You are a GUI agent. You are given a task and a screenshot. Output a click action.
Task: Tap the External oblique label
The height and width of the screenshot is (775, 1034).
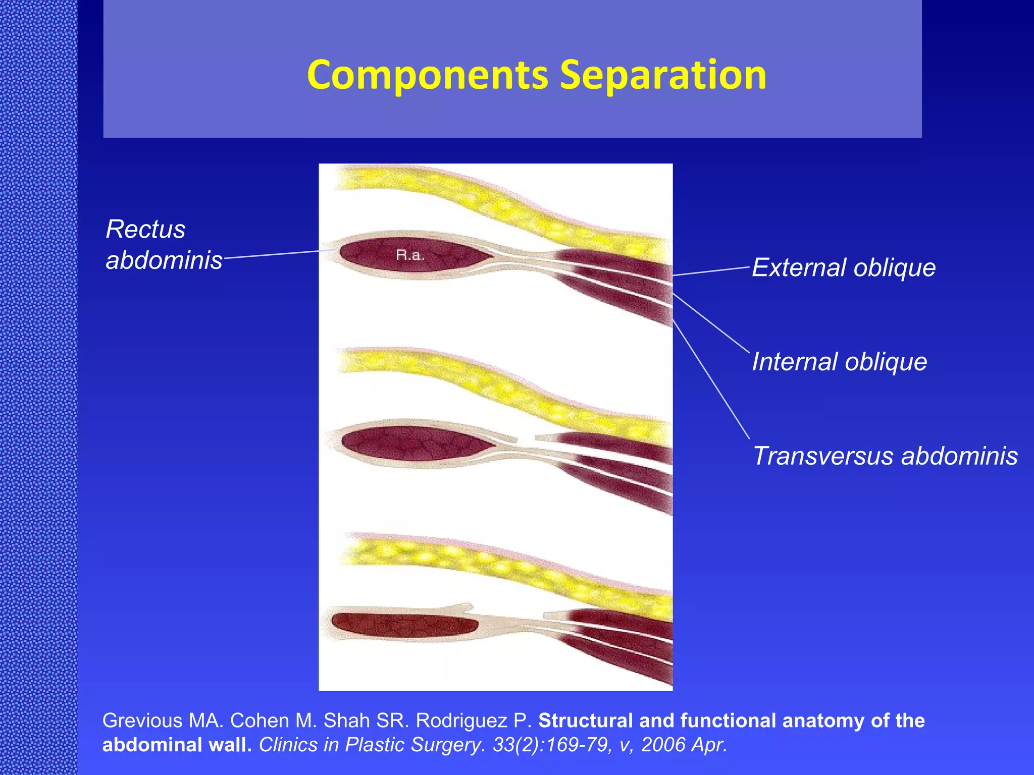[x=844, y=267]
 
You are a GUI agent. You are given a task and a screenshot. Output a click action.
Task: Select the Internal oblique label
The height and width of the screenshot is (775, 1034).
[x=839, y=362]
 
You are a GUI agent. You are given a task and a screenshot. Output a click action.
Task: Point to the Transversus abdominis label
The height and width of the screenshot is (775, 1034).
[x=885, y=456]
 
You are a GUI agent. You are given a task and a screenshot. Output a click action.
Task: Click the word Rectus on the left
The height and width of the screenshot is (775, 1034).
[x=145, y=230]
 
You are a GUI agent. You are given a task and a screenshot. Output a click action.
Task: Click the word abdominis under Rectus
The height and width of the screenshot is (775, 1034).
[x=164, y=260]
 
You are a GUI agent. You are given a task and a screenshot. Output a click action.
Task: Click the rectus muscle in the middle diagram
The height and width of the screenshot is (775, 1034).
[x=414, y=444]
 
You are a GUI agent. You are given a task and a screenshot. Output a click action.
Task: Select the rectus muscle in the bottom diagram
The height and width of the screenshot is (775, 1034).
[x=404, y=626]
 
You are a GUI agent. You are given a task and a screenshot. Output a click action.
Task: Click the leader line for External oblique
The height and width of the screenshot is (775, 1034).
[x=712, y=271]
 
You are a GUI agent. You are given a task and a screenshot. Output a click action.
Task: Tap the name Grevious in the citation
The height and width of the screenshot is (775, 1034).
[x=142, y=721]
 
